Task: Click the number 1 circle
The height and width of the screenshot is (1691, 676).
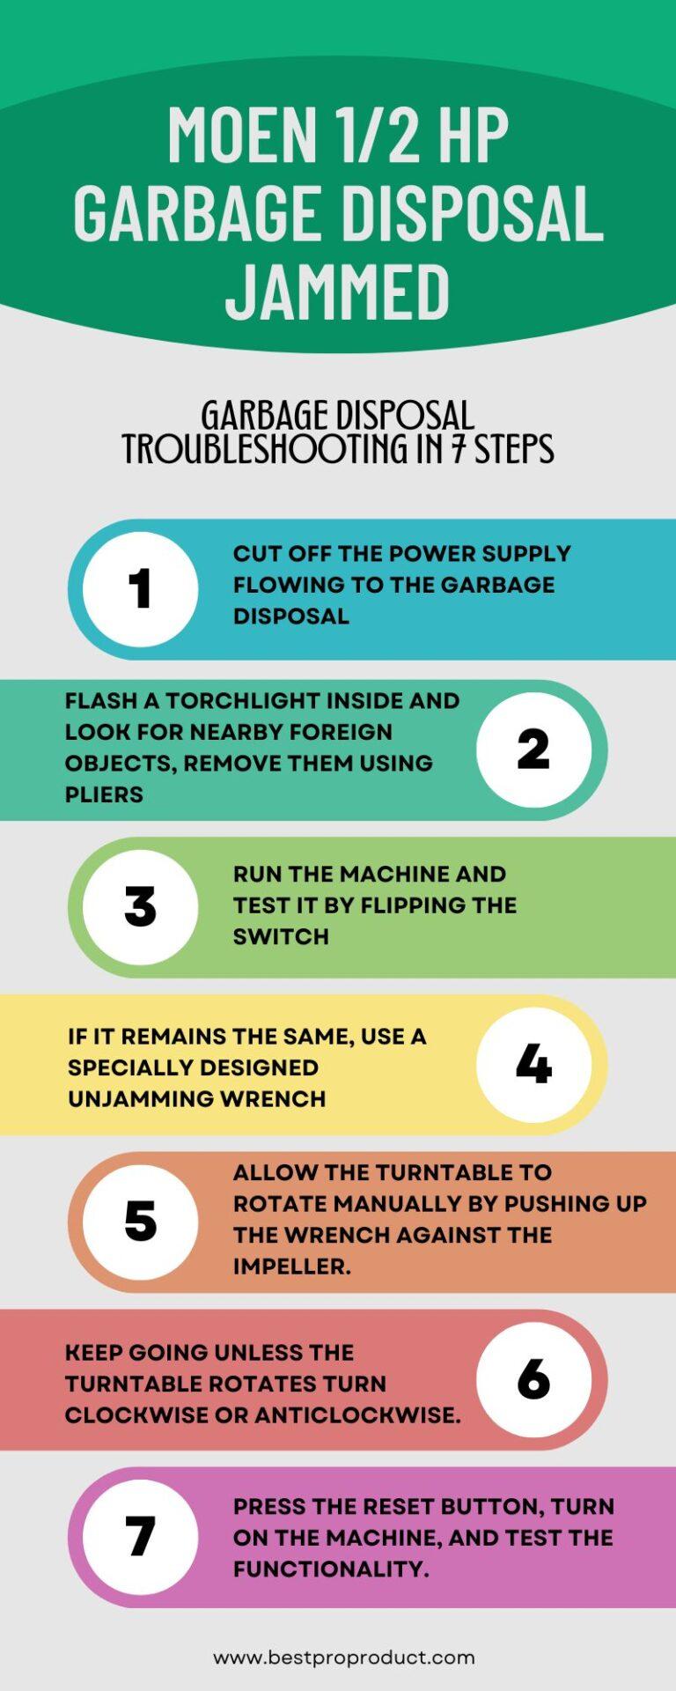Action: click(140, 588)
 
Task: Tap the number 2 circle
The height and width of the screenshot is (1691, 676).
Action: click(533, 750)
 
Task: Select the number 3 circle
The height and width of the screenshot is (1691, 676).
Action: click(140, 906)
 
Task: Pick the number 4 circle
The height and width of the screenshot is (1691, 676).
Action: click(533, 1064)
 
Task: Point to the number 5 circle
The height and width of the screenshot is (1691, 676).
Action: click(140, 1222)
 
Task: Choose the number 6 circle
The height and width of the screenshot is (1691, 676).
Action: click(533, 1379)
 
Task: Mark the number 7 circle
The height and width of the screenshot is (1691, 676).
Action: click(140, 1537)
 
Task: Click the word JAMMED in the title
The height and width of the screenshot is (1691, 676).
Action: click(338, 290)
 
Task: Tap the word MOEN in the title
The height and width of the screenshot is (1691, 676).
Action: click(242, 135)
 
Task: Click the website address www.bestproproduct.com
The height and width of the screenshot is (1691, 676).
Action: click(344, 1658)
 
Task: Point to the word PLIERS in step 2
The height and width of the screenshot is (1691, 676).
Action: click(104, 794)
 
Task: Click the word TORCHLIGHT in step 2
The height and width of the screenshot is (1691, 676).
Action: click(237, 701)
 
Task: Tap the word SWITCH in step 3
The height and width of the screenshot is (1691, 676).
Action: click(281, 937)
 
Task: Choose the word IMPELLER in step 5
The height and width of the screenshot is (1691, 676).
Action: click(291, 1266)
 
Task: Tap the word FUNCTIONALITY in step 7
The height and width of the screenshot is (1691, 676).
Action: click(330, 1569)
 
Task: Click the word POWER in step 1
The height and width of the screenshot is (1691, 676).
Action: click(426, 554)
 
